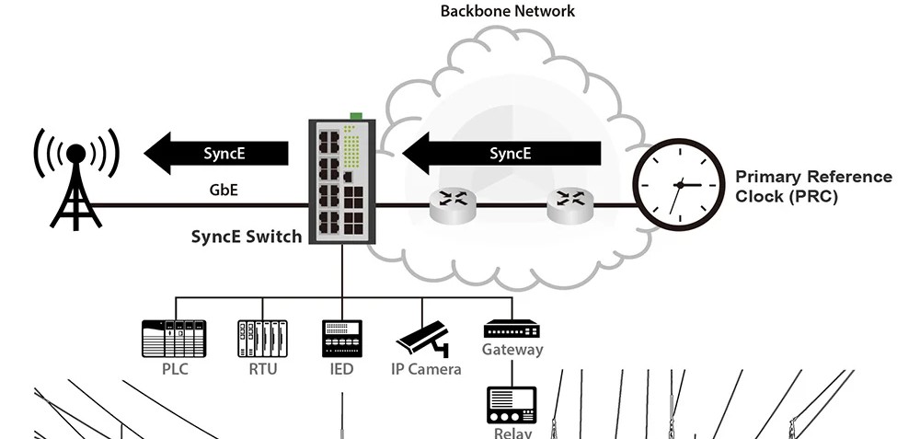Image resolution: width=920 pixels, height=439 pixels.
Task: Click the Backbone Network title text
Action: pyautogui.click(x=507, y=12)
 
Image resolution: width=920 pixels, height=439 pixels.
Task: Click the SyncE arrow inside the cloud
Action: pyautogui.click(x=501, y=153)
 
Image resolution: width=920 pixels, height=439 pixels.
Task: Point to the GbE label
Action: pyautogui.click(x=225, y=191)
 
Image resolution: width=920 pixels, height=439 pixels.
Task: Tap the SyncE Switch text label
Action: pyautogui.click(x=247, y=237)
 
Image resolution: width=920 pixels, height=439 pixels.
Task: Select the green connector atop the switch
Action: pyautogui.click(x=355, y=116)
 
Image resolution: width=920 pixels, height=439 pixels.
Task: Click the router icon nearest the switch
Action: pyautogui.click(x=451, y=204)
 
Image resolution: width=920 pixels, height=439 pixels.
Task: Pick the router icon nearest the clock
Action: pyautogui.click(x=569, y=204)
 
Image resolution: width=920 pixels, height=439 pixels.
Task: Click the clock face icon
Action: pyautogui.click(x=679, y=184)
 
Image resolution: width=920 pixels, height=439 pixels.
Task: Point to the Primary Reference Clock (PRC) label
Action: pyautogui.click(x=812, y=186)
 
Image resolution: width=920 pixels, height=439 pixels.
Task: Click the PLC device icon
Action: pyautogui.click(x=173, y=338)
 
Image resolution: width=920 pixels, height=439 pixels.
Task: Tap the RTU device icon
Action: pyautogui.click(x=262, y=338)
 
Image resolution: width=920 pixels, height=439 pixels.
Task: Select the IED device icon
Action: pyautogui.click(x=341, y=338)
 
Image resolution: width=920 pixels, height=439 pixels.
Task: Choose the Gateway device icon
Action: pyautogui.click(x=512, y=329)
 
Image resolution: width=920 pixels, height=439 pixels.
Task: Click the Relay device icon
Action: pyautogui.click(x=512, y=404)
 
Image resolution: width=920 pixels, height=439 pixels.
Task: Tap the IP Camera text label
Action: pyautogui.click(x=426, y=370)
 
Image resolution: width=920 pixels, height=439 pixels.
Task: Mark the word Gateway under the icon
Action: pyautogui.click(x=512, y=350)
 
